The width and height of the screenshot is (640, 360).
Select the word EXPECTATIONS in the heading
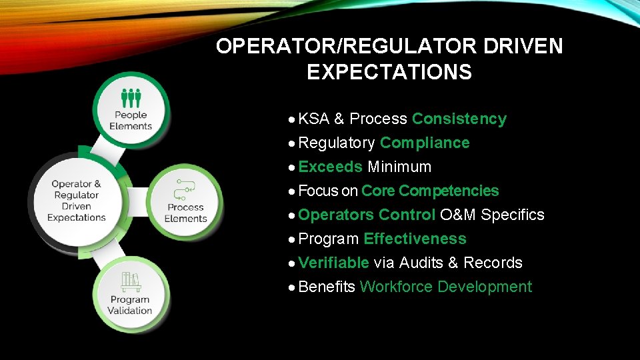tap(389, 72)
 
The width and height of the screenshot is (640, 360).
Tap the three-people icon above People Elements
tap(131, 97)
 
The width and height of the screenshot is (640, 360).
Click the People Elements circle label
tap(131, 121)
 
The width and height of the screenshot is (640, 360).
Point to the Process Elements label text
tap(185, 213)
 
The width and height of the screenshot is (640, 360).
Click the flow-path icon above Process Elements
tap(185, 190)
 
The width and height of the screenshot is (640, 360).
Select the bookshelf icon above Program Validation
tap(131, 281)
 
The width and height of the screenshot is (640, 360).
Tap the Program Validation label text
tap(130, 305)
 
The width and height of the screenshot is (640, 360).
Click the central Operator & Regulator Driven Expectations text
tap(77, 201)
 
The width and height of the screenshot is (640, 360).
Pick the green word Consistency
tap(459, 119)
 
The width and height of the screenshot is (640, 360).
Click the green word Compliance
tap(425, 143)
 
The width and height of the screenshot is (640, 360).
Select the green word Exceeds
tap(330, 167)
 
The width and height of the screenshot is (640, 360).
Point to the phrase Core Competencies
tap(430, 191)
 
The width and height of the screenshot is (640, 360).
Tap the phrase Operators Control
tap(367, 215)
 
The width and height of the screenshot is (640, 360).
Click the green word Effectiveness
tap(415, 239)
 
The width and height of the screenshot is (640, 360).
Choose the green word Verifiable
tap(333, 263)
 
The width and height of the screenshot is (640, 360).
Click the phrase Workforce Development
tap(445, 287)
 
